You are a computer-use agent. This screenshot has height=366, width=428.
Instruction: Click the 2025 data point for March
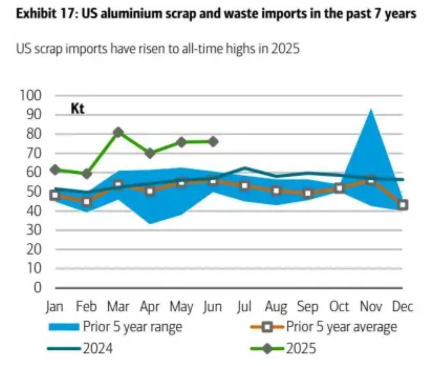click(118, 132)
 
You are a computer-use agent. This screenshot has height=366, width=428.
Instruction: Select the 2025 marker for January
click(55, 170)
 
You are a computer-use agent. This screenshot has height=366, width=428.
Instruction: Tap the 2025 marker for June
click(213, 142)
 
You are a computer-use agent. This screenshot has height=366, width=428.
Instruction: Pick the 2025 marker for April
click(150, 153)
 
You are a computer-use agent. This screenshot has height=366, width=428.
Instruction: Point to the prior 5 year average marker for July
click(244, 186)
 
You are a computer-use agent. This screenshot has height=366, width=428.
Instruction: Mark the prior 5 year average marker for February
click(87, 202)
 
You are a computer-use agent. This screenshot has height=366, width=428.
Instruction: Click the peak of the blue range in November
click(370, 109)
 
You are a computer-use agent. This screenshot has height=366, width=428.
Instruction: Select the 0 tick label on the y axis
click(37, 288)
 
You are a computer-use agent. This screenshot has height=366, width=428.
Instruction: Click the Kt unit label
click(78, 109)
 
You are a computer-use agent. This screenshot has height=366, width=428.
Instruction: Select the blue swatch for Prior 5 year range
click(64, 326)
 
